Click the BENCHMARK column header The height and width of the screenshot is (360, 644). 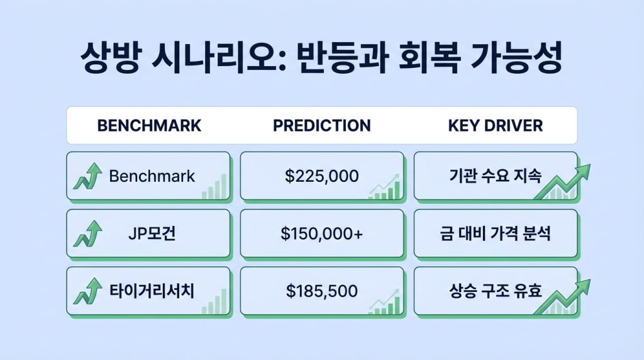point(149,125)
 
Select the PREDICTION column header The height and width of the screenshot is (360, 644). point(321,125)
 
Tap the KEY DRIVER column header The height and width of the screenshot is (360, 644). point(495,125)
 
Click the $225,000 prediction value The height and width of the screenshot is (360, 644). point(321,176)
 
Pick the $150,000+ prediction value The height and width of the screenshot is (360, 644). point(321,234)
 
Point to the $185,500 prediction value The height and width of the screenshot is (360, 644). point(321,291)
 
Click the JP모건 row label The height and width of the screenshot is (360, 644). point(152,234)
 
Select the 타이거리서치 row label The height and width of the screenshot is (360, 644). point(152,291)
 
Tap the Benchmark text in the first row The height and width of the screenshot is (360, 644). point(152,176)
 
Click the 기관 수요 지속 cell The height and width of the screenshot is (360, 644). point(495,176)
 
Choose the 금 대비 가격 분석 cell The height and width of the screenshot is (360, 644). point(495,234)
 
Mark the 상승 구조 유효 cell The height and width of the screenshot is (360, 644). point(495,291)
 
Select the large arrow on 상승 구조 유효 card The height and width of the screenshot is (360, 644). point(566,295)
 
